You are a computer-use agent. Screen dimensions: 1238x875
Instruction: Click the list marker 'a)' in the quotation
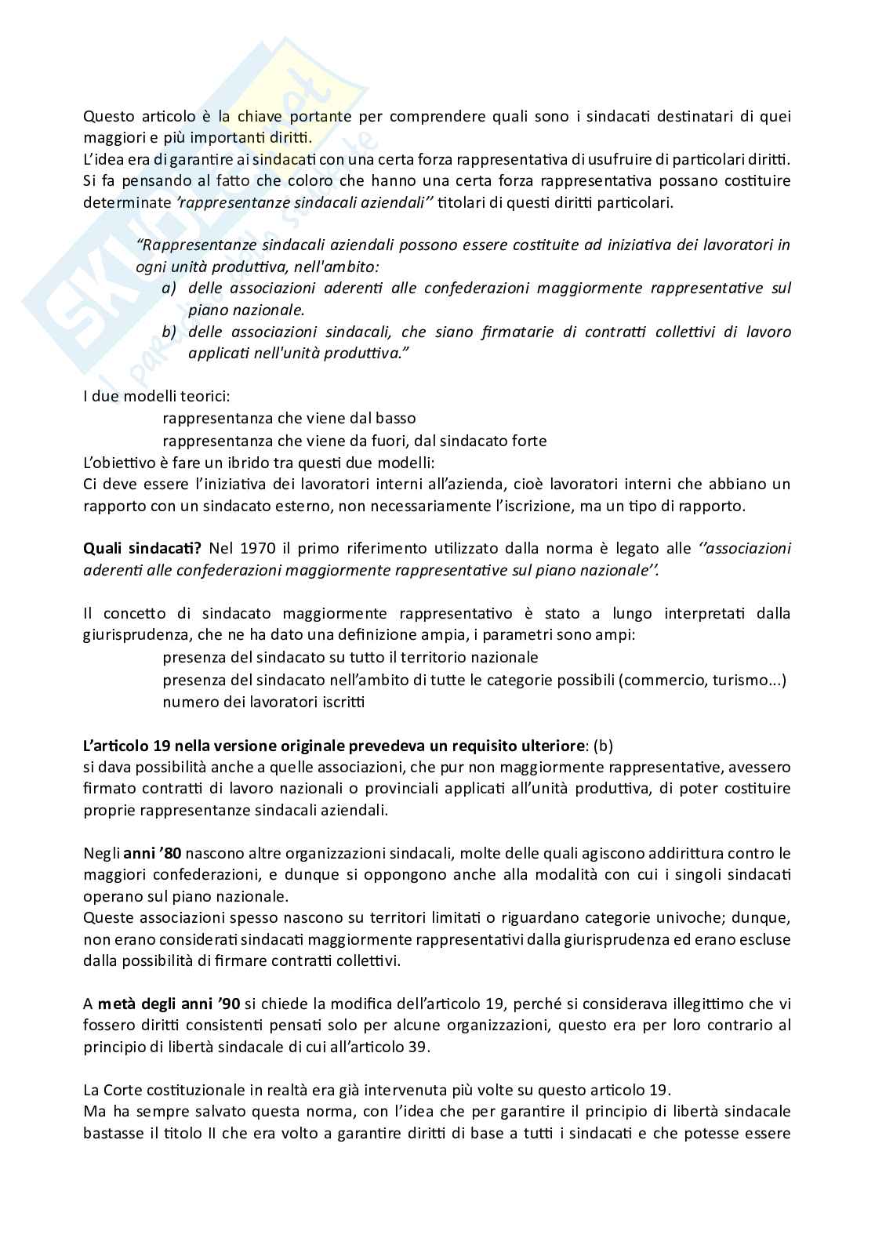tap(169, 288)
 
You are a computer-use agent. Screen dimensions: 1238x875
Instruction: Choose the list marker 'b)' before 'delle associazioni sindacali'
tap(169, 332)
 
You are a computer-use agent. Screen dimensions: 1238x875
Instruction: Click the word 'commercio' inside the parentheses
tap(662, 679)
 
